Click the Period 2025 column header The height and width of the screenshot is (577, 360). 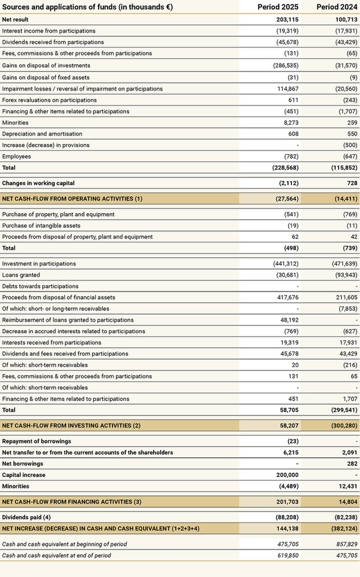tap(278, 7)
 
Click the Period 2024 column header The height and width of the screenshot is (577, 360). tap(337, 7)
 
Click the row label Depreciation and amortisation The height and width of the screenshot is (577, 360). tap(42, 134)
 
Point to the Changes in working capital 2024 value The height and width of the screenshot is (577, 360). tap(351, 183)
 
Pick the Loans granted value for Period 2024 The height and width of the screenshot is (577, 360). tap(344, 275)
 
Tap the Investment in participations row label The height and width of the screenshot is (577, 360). tap(39, 264)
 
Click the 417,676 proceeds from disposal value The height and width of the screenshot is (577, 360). tap(287, 297)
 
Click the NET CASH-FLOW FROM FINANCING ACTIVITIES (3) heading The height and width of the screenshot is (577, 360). tap(72, 502)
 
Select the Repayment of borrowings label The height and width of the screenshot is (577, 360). tap(37, 441)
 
